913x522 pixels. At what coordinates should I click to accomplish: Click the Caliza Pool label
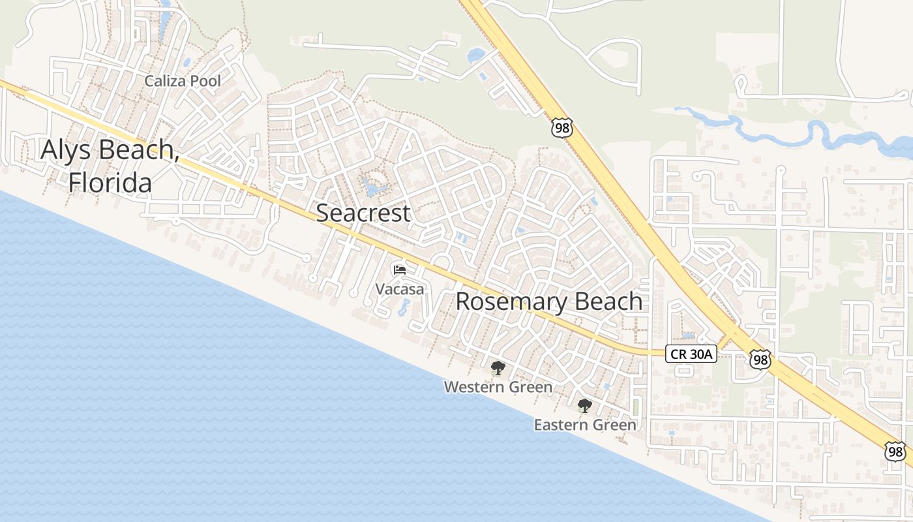point(183,82)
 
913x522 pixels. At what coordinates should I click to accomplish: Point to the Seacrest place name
point(363,213)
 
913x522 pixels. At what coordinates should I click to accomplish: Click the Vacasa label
point(400,288)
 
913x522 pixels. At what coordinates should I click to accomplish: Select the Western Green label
point(498,387)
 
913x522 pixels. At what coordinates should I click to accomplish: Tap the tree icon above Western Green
point(498,368)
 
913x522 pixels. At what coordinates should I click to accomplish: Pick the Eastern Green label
point(585,425)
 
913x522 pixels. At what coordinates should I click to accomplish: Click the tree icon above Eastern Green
point(585,406)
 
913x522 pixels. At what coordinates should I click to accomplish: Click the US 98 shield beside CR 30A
point(760,359)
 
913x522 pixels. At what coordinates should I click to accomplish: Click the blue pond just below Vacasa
point(404,306)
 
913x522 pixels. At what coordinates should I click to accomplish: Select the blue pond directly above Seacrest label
point(372,190)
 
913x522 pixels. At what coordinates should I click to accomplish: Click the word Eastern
point(560,425)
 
